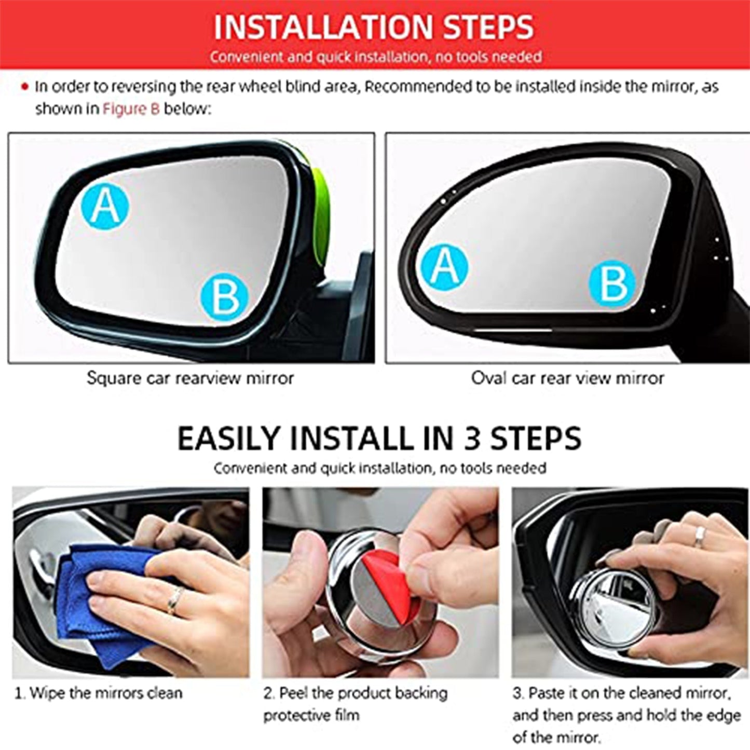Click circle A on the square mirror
(105, 207)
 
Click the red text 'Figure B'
(131, 109)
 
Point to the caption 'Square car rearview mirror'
(190, 378)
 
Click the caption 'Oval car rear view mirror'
(567, 378)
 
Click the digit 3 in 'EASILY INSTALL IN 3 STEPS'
(472, 439)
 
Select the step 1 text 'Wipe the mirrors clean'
(99, 693)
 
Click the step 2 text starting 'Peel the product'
(356, 693)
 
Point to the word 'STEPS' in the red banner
(488, 27)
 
